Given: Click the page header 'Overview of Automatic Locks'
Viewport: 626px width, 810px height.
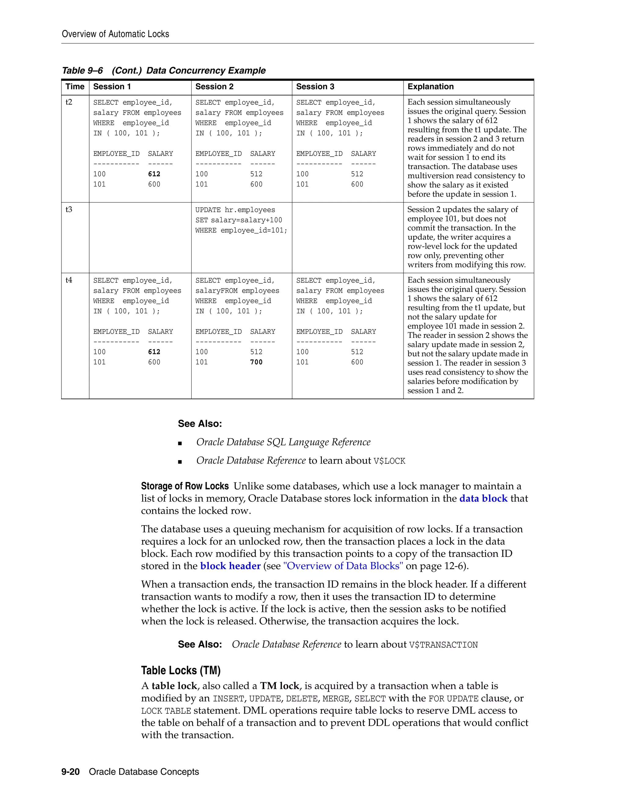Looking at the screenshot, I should (x=115, y=34).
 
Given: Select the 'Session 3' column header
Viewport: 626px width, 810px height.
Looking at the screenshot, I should (x=315, y=87).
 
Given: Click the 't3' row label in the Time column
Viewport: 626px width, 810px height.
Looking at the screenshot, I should (x=69, y=210).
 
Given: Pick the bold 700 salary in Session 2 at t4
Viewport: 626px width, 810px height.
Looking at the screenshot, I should (x=256, y=362).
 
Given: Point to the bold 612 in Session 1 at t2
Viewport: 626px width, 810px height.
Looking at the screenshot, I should (x=154, y=174).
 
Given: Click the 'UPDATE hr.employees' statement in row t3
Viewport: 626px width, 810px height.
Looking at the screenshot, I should (x=235, y=210).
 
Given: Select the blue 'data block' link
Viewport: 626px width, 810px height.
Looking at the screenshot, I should (x=483, y=499).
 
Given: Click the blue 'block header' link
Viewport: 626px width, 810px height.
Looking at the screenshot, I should (x=230, y=566).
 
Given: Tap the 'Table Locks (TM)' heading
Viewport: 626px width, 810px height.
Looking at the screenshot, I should (x=181, y=671).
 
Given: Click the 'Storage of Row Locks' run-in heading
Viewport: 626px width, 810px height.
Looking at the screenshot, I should (x=185, y=486).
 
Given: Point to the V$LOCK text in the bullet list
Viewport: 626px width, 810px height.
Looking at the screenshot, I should (x=389, y=461).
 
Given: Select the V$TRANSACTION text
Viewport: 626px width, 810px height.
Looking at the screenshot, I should (x=443, y=645).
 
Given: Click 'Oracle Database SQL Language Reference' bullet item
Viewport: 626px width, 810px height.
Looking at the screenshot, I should (x=283, y=442).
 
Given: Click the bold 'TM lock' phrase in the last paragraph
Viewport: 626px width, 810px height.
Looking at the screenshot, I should (x=279, y=686).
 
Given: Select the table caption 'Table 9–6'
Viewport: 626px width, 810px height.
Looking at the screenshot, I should (x=82, y=71).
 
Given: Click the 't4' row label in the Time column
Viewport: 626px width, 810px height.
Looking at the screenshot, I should (x=69, y=280).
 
